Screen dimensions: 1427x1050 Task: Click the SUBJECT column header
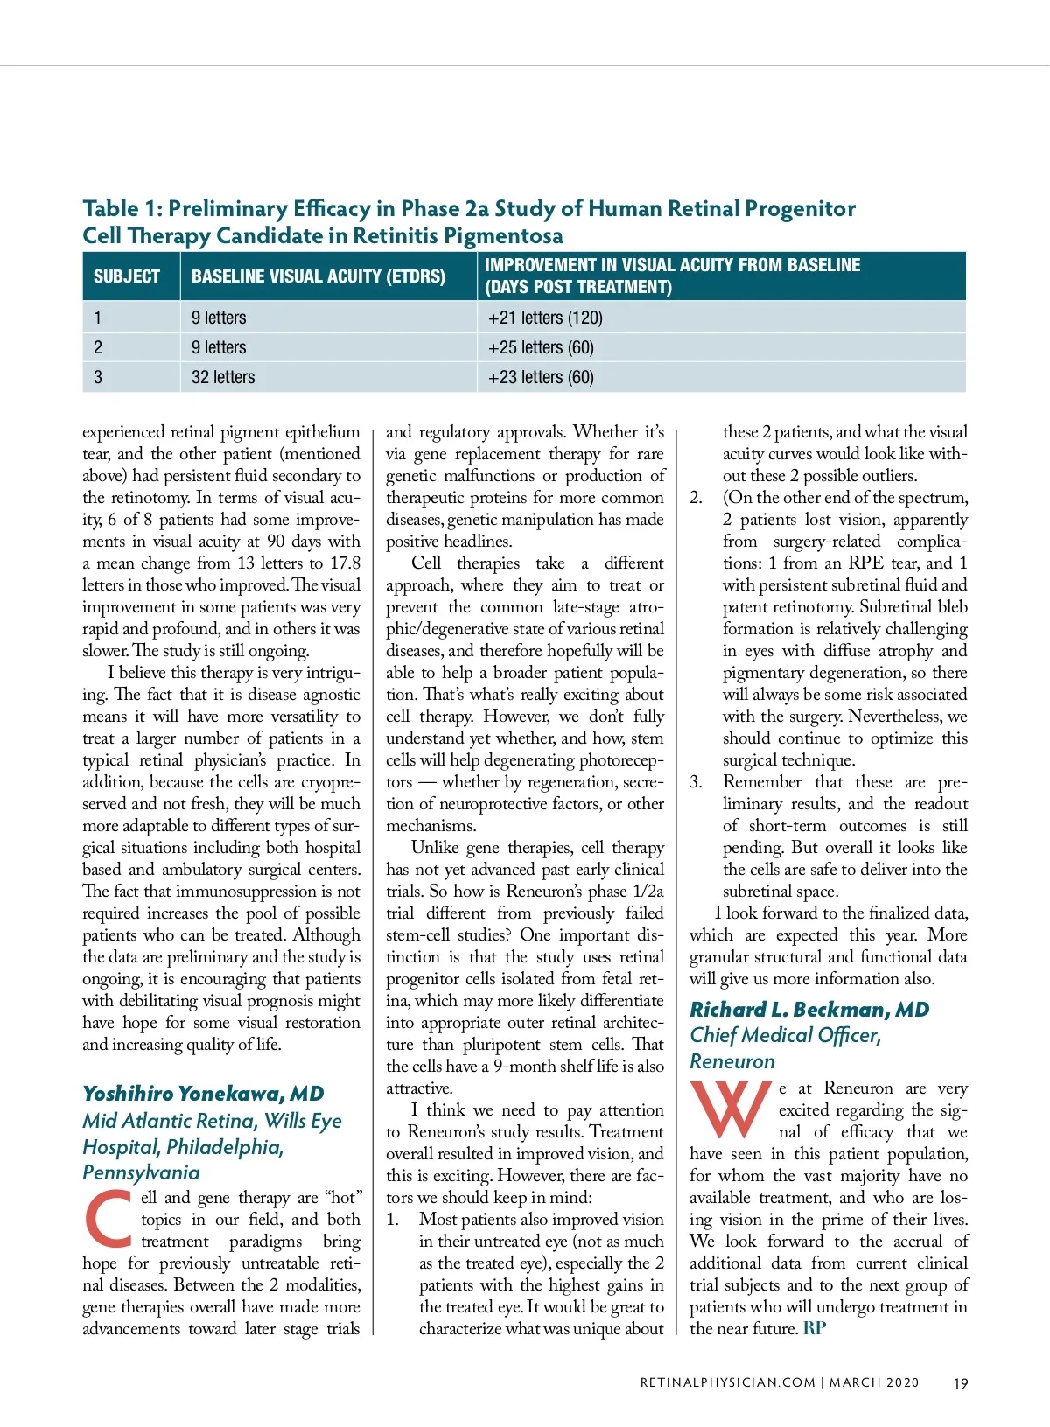(x=127, y=276)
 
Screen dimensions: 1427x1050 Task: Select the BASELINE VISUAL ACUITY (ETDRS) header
(x=318, y=276)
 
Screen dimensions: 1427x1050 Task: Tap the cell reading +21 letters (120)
(x=545, y=318)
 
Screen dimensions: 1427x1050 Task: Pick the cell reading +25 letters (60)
(x=541, y=347)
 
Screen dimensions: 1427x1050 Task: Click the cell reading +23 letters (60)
(x=541, y=377)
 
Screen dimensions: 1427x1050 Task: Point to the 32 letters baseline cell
(x=223, y=377)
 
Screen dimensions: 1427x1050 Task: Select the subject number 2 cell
(x=98, y=347)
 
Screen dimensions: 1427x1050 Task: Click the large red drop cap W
(x=731, y=1109)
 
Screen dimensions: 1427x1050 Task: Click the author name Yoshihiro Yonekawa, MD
(x=203, y=1094)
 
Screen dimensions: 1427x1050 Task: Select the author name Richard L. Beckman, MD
(x=809, y=1010)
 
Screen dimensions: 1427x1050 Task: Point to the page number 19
(x=961, y=1383)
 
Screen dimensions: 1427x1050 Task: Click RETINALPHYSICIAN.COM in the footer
(x=727, y=1382)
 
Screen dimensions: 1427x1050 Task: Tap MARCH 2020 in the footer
(x=874, y=1382)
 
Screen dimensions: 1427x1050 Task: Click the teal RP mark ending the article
(x=815, y=1328)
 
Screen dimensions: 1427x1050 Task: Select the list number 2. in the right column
(x=696, y=498)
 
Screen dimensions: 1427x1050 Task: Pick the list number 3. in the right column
(x=696, y=782)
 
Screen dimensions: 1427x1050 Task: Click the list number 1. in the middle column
(x=393, y=1220)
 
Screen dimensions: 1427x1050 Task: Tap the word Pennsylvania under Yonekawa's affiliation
(x=141, y=1172)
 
